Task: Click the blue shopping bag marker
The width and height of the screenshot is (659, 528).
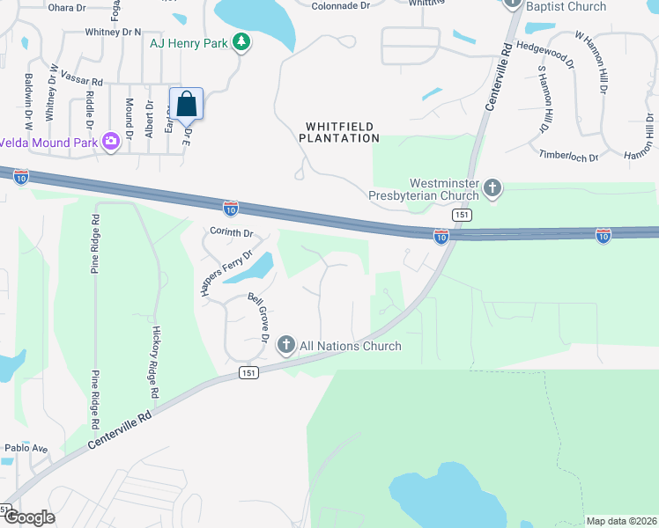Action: click(x=186, y=103)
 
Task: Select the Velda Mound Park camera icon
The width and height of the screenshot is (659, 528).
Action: click(x=111, y=141)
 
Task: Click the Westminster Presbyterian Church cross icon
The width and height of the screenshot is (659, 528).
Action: click(x=492, y=187)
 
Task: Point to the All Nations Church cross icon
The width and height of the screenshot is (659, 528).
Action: click(x=285, y=346)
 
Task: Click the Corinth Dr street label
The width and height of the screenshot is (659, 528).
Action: click(x=232, y=233)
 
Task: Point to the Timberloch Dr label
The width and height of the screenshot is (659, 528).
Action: click(x=568, y=156)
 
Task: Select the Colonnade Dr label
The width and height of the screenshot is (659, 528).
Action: click(x=341, y=5)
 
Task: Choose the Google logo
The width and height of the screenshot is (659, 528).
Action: click(x=28, y=517)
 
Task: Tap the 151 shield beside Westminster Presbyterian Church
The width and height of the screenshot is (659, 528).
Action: click(x=462, y=216)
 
